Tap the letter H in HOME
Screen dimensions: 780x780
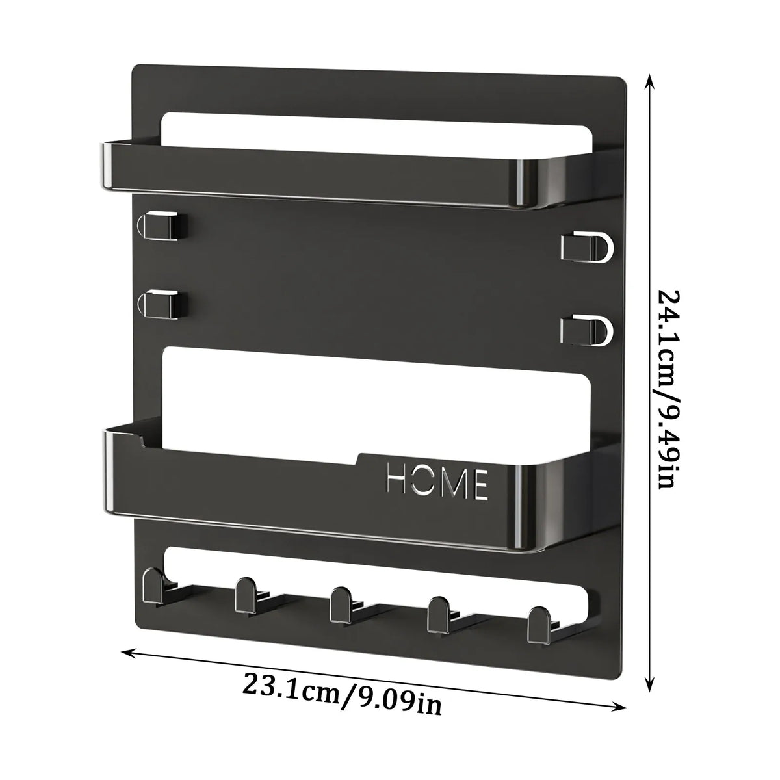point(398,480)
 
